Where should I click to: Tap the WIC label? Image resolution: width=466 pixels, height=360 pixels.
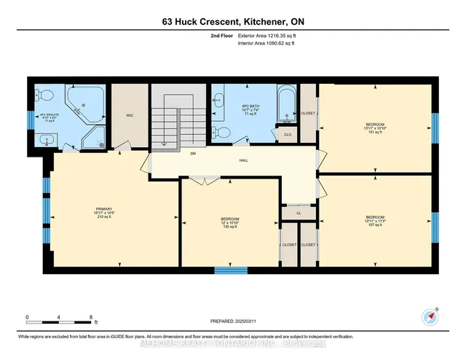(129, 115)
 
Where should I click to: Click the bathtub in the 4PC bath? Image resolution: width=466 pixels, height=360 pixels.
(287, 106)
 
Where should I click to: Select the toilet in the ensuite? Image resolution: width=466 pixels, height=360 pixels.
(44, 95)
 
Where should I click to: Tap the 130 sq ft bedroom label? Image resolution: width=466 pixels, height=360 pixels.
(230, 222)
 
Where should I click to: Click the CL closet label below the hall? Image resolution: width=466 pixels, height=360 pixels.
(299, 214)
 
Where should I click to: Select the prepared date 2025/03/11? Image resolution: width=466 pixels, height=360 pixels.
(232, 319)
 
